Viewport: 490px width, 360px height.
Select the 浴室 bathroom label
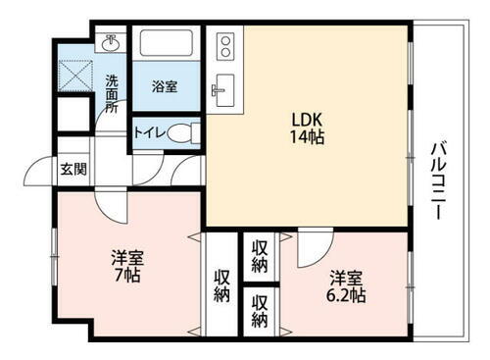(x=165, y=86)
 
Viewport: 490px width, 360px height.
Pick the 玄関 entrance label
(x=73, y=169)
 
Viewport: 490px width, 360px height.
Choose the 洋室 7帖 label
(x=125, y=267)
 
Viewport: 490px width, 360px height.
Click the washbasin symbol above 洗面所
(x=111, y=43)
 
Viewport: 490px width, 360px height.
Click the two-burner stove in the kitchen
(x=224, y=45)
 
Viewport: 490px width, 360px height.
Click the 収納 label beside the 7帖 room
(x=222, y=284)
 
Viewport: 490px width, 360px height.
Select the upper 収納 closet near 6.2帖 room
(x=260, y=254)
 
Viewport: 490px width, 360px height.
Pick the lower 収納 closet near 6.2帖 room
(x=260, y=309)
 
